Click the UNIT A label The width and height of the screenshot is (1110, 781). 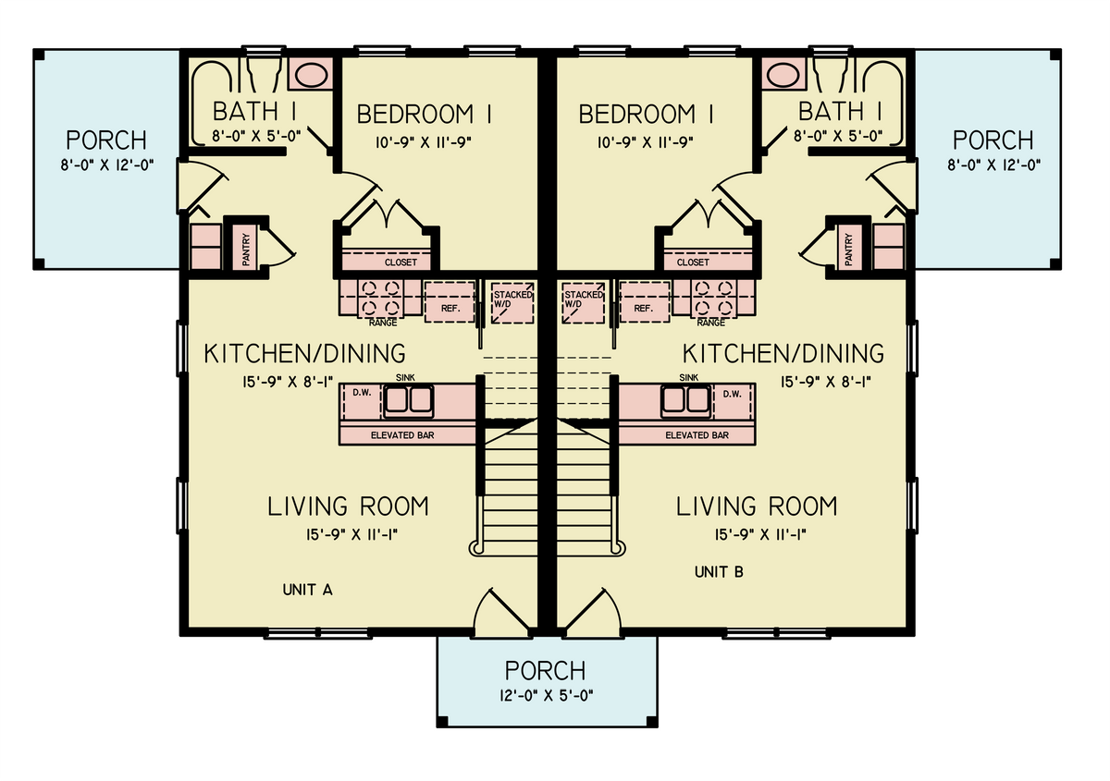(x=307, y=590)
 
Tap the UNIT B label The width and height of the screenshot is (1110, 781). (x=719, y=572)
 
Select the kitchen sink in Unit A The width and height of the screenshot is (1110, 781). (x=408, y=400)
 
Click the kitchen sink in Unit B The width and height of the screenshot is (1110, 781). (x=686, y=400)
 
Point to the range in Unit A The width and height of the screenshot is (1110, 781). (x=380, y=298)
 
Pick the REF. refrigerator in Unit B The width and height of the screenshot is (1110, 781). (x=644, y=301)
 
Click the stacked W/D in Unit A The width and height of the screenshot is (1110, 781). (x=512, y=302)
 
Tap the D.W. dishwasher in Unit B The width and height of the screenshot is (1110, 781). (x=734, y=400)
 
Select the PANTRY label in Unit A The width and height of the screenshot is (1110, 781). (x=246, y=250)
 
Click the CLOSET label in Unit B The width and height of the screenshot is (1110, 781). (x=693, y=262)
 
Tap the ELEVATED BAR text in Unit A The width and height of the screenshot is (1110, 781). (x=402, y=435)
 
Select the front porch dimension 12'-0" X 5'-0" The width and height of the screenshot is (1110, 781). (x=547, y=696)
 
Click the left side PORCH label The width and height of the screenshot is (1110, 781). (x=106, y=140)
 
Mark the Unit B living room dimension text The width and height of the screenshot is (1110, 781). (x=760, y=534)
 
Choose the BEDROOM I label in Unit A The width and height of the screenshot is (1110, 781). (x=425, y=114)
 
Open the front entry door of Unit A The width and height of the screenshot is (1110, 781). (x=501, y=613)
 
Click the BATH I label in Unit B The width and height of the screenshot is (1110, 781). (x=840, y=111)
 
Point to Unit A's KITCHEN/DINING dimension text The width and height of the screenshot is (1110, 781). (x=288, y=382)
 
